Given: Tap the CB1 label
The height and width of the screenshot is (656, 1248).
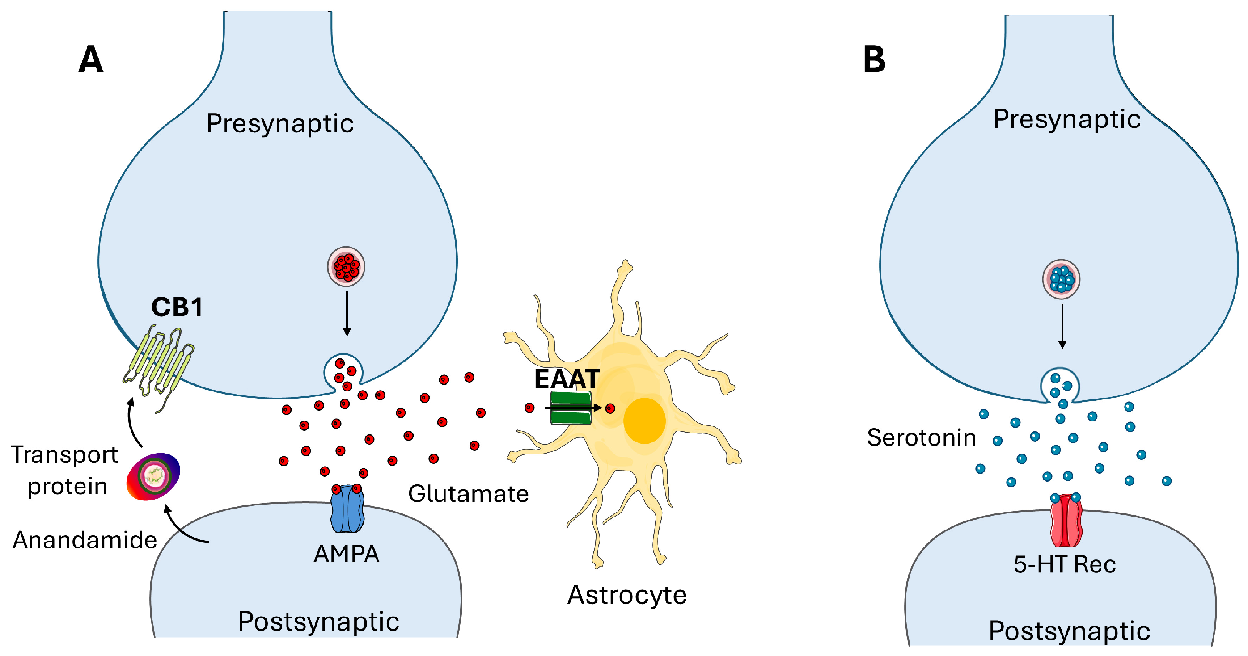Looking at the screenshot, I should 177,307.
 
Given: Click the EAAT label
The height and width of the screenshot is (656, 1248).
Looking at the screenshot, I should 567,379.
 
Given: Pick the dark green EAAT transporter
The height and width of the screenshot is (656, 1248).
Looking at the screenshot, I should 570,408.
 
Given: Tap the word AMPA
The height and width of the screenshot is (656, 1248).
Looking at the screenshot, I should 346,554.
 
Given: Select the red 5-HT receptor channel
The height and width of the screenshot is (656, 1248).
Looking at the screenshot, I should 1066,521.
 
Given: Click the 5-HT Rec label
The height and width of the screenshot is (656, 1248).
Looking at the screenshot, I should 1064,564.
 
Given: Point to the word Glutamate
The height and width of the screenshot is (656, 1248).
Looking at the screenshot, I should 468,494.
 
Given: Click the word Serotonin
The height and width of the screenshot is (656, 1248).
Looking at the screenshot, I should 921,437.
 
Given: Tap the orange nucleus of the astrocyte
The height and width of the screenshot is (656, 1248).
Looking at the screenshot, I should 644,421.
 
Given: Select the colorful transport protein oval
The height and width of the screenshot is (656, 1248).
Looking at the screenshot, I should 153,476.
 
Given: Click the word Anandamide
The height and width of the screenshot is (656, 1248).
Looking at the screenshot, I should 85,540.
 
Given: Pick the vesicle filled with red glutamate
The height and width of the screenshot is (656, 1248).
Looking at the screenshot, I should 346,267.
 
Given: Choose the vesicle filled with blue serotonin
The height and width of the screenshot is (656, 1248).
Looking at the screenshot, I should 1061,279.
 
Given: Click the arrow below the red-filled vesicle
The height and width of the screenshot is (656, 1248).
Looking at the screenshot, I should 347,312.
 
